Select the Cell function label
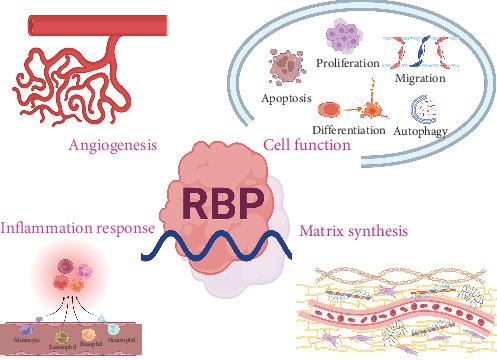pos(306,146)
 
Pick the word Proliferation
pos(345,62)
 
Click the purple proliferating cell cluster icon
pos(340,38)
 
